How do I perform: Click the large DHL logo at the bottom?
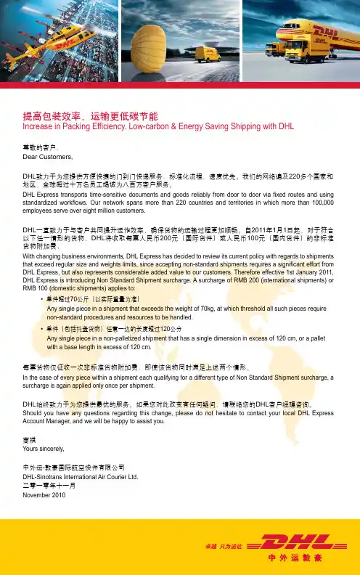click(x=289, y=544)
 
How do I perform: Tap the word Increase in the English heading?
click(x=39, y=126)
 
